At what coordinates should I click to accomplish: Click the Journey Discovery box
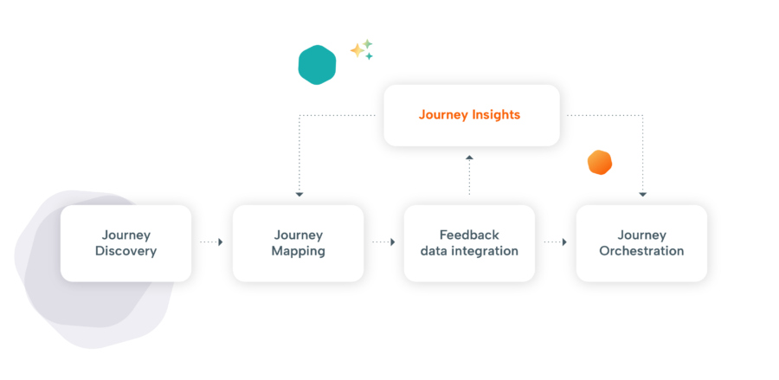click(126, 243)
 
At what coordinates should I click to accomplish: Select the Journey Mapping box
click(298, 243)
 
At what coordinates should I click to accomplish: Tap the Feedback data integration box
click(469, 243)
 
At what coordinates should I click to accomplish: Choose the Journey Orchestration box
click(641, 243)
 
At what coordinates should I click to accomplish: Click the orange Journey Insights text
click(470, 114)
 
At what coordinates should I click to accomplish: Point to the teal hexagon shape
click(317, 65)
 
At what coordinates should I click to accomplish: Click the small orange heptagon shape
click(600, 162)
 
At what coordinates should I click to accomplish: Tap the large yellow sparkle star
click(357, 50)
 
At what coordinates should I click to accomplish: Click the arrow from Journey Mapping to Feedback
click(383, 242)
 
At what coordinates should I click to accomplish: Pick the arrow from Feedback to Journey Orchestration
click(555, 242)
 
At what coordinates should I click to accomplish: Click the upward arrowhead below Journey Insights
click(469, 158)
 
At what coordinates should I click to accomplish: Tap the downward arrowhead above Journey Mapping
click(299, 194)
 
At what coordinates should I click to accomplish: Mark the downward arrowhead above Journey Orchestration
click(642, 194)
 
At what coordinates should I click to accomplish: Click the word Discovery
click(126, 251)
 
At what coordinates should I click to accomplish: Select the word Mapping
click(298, 251)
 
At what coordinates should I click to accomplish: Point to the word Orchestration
click(641, 251)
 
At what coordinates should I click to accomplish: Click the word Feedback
click(469, 235)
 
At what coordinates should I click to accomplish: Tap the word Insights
click(496, 114)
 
